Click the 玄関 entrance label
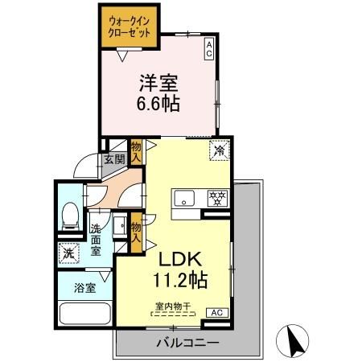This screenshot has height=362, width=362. pos(113,159)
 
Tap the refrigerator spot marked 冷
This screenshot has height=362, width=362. pos(217,150)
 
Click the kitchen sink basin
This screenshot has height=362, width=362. pos(182,197)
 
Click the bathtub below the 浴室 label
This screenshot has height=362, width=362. pos(82,315)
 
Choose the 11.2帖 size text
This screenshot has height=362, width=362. pos(183,281)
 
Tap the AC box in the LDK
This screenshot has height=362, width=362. pos(216,312)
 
